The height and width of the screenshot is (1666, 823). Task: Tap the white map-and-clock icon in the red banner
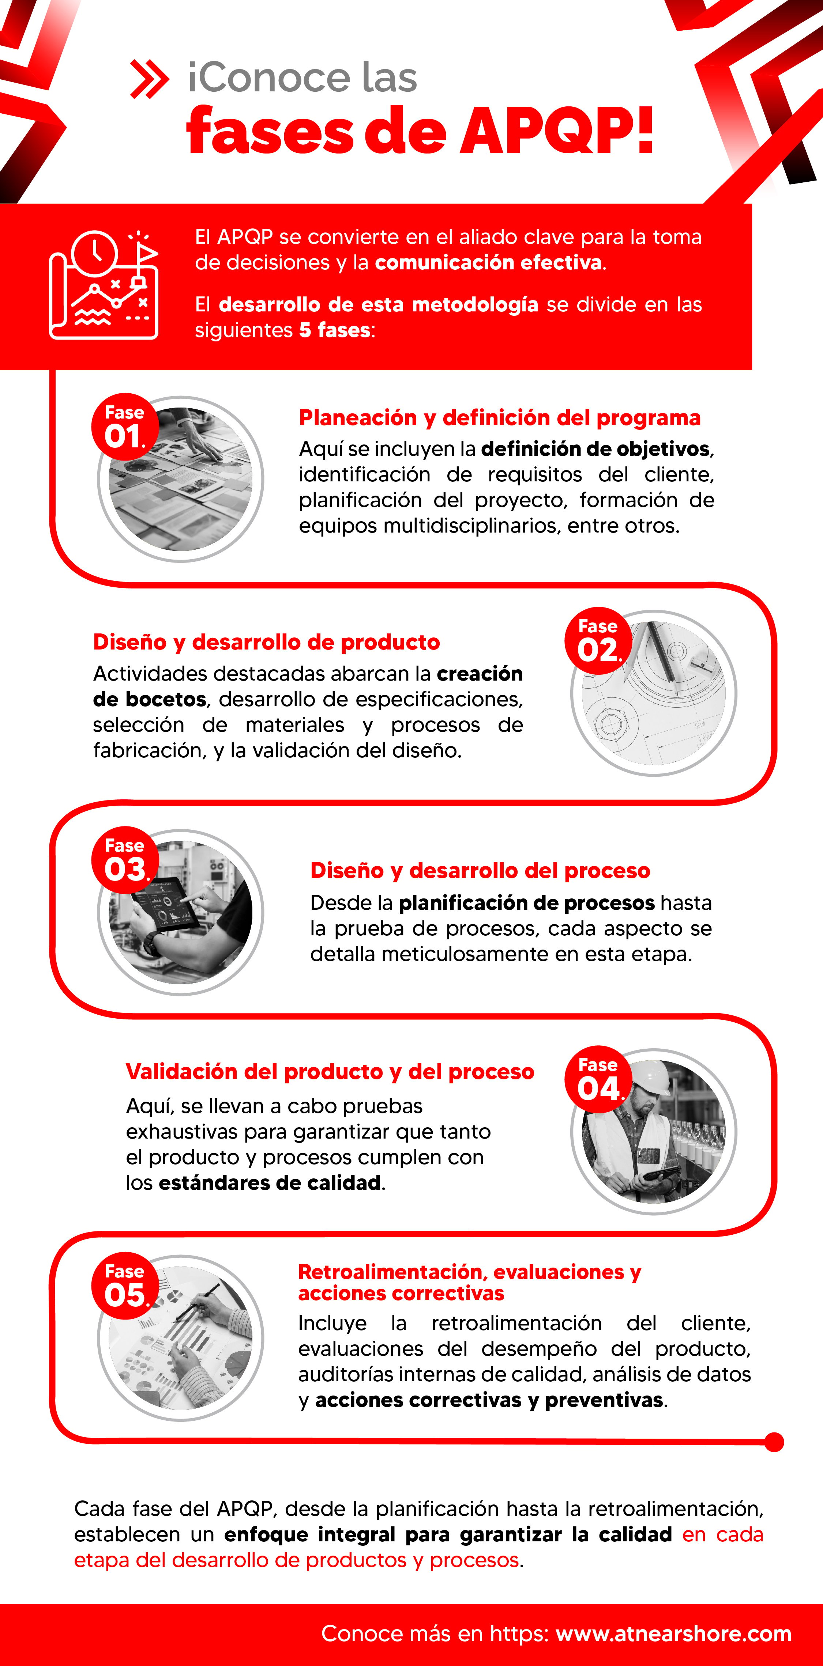coord(104,285)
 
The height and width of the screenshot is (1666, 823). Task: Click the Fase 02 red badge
coord(597,640)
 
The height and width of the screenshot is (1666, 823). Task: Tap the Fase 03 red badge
coord(125,860)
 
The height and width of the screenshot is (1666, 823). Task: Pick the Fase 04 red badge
coord(598,1079)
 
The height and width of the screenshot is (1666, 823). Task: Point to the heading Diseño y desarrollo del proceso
coord(480,871)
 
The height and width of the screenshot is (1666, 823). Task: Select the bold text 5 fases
coord(335,330)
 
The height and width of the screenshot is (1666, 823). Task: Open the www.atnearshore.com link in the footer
coord(673,1634)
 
